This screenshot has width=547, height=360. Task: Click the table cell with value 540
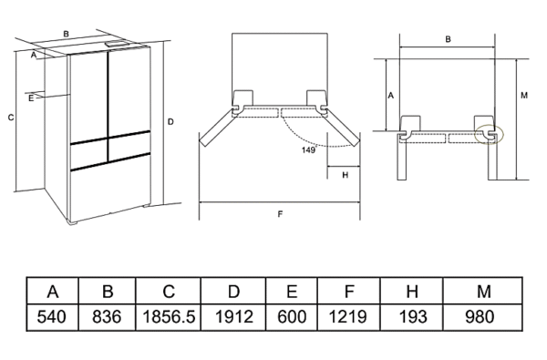[x=51, y=317]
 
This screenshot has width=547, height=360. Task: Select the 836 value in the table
[x=107, y=317]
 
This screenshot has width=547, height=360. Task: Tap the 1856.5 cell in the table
[x=169, y=317]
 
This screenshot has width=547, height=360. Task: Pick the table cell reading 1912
[x=234, y=317]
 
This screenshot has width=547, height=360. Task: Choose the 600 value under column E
[x=292, y=317]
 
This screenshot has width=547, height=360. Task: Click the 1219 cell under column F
[x=348, y=317]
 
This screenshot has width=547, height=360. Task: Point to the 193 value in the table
[x=413, y=317]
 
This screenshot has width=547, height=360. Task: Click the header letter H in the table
[x=412, y=291]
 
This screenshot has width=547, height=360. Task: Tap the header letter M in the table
[x=484, y=291]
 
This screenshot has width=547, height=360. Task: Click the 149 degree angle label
[x=309, y=150]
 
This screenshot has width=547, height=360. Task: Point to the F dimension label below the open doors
[x=280, y=214]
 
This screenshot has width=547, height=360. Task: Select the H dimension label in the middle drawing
[x=345, y=175]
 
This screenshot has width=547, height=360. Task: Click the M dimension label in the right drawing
[x=524, y=95]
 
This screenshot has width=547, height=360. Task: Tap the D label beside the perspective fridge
[x=170, y=122]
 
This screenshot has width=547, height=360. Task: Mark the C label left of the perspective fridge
[x=11, y=118]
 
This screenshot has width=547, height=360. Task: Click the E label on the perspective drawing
[x=31, y=98]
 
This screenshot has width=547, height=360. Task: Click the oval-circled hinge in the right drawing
[x=489, y=134]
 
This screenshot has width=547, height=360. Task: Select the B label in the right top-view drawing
[x=448, y=39]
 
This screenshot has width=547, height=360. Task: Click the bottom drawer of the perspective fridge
[x=111, y=189]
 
